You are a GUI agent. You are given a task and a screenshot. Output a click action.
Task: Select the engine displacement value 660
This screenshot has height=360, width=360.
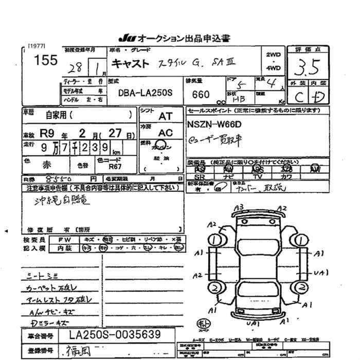pos(200,95)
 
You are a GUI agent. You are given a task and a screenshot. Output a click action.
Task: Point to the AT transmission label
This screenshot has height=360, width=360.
pos(166,116)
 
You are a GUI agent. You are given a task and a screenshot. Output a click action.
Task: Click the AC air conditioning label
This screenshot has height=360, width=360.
pos(166,132)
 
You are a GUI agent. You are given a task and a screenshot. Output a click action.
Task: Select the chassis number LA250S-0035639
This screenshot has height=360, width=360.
pos(115,335)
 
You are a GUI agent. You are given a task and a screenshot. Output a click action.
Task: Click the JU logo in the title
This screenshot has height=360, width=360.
pos(126,38)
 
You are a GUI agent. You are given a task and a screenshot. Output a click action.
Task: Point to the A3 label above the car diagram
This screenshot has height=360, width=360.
pos(238,208)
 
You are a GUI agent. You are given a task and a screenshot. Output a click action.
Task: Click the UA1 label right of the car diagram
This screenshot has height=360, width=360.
pos(321,273)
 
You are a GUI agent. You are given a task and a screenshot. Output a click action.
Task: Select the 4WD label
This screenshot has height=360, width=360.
pos(274,68)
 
